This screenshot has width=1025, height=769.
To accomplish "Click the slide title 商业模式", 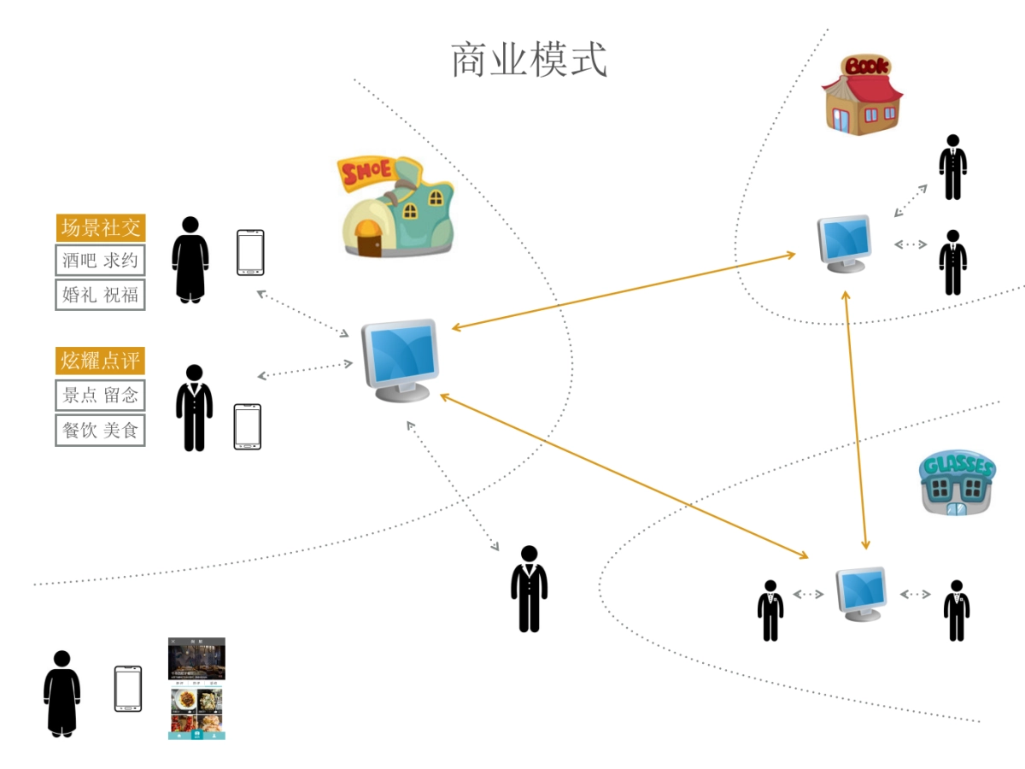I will pyautogui.click(x=529, y=61).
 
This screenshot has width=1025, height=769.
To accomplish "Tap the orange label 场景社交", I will pyautogui.click(x=101, y=228).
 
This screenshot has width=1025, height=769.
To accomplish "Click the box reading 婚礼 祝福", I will pyautogui.click(x=101, y=295).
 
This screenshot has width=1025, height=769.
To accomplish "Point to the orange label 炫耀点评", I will pyautogui.click(x=101, y=361).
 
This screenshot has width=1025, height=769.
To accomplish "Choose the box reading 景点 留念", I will pyautogui.click(x=101, y=396).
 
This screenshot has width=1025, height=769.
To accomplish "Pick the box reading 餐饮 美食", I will pyautogui.click(x=101, y=430).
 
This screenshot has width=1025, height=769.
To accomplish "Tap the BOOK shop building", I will pyautogui.click(x=861, y=96).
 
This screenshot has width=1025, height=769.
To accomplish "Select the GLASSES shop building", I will pyautogui.click(x=958, y=484).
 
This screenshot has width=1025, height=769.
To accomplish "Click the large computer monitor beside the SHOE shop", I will pyautogui.click(x=400, y=359).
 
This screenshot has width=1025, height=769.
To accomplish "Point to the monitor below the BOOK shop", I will pyautogui.click(x=846, y=242).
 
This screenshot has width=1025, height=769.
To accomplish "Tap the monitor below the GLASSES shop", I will pyautogui.click(x=861, y=592).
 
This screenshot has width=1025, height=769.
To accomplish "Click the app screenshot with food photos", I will pyautogui.click(x=196, y=688).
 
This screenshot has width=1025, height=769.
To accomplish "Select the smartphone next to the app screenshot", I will pyautogui.click(x=128, y=689).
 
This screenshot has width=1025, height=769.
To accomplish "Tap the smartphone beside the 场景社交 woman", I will pyautogui.click(x=250, y=253).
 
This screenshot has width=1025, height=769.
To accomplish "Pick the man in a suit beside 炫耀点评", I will pyautogui.click(x=194, y=408).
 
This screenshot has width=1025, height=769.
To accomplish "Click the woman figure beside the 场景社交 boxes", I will pyautogui.click(x=190, y=260).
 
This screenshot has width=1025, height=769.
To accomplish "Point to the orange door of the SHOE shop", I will pyautogui.click(x=369, y=240).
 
